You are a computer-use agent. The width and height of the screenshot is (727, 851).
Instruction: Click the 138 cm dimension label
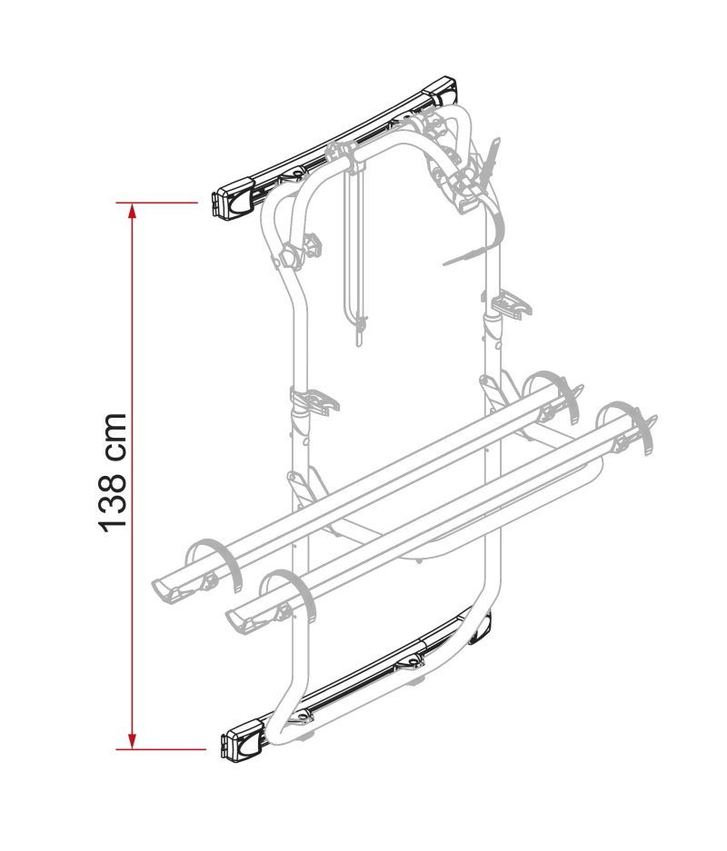113,472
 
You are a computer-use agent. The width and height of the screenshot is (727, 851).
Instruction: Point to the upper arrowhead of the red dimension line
132,213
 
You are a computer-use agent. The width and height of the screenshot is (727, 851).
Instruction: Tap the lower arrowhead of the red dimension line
132,739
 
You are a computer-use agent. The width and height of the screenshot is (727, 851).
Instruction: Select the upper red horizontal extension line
157,203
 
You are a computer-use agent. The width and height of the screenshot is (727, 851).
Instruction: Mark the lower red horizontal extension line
161,749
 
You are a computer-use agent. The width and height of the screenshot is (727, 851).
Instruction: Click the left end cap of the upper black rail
234,202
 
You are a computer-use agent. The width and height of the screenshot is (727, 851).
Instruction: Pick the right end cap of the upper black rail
442,91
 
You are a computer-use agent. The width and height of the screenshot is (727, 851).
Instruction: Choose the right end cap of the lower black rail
481,628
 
